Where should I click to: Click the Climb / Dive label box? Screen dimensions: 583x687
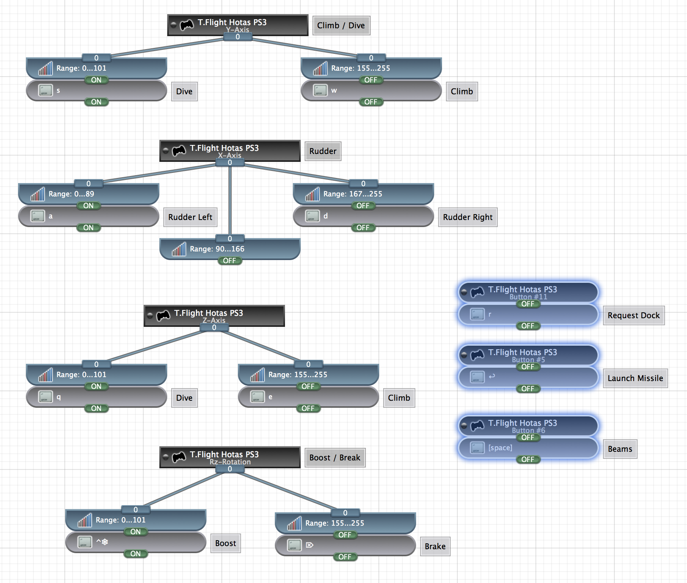pyautogui.click(x=341, y=26)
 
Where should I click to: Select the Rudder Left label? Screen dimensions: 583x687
pyautogui.click(x=190, y=217)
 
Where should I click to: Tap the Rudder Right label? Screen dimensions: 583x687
pyautogui.click(x=468, y=217)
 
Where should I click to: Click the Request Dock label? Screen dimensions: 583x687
pyautogui.click(x=634, y=315)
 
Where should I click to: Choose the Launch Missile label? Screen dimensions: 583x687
pyautogui.click(x=635, y=378)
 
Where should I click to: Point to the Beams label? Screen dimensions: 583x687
pyautogui.click(x=620, y=449)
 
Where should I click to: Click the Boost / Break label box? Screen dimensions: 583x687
pyautogui.click(x=335, y=458)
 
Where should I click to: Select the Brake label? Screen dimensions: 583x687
pyautogui.click(x=435, y=546)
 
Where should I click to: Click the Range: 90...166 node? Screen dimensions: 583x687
pyautogui.click(x=230, y=249)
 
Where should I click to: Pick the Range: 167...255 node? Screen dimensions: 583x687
pyautogui.click(x=363, y=194)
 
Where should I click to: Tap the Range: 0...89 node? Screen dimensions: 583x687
pyautogui.click(x=88, y=194)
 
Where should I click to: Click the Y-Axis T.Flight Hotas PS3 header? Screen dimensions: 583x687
pyautogui.click(x=238, y=24)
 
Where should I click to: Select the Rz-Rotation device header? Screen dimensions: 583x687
pyautogui.click(x=230, y=456)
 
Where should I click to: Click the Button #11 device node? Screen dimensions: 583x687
pyautogui.click(x=528, y=291)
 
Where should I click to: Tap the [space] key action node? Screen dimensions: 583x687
pyautogui.click(x=528, y=448)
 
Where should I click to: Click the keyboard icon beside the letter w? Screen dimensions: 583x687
pyautogui.click(x=320, y=91)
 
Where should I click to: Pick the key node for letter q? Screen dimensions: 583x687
pyautogui.click(x=96, y=397)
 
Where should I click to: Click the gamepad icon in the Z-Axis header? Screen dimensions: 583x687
pyautogui.click(x=163, y=315)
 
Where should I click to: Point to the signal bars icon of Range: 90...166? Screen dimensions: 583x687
pyautogui.click(x=179, y=249)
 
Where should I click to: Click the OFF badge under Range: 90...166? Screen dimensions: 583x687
pyautogui.click(x=230, y=261)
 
